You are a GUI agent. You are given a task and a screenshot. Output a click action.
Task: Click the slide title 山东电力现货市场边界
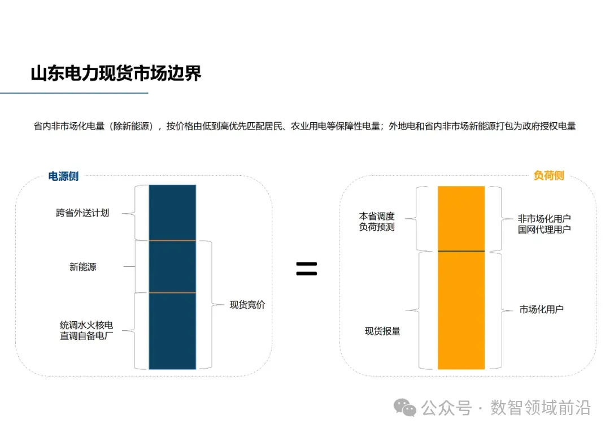(x=116, y=74)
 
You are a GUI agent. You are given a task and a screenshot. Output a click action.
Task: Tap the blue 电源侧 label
(x=63, y=176)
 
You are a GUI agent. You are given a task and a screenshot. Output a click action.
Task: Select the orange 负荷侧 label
(x=548, y=176)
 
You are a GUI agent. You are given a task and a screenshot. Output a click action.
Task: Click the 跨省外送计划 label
(x=82, y=213)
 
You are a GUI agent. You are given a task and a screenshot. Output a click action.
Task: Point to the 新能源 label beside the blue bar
(x=83, y=267)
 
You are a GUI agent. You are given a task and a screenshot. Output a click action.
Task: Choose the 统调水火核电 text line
(x=86, y=325)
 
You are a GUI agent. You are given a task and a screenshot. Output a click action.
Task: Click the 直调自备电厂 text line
(x=86, y=336)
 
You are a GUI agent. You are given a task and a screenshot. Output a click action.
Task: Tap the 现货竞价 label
(x=247, y=305)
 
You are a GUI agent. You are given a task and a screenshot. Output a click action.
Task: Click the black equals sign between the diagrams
(x=307, y=269)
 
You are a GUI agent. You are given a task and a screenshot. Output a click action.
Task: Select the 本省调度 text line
(x=377, y=216)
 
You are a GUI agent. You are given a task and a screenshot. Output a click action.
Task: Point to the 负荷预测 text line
(x=377, y=227)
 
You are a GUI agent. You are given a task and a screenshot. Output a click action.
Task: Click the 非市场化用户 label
(x=544, y=218)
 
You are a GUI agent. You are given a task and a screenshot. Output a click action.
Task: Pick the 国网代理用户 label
(x=544, y=230)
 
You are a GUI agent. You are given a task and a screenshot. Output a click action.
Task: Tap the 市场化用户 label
(x=541, y=309)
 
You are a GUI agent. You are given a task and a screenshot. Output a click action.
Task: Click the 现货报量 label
(x=382, y=331)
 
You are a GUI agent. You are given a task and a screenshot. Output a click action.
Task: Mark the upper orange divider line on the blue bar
(x=172, y=241)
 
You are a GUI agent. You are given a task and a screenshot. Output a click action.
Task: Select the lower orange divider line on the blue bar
(x=172, y=292)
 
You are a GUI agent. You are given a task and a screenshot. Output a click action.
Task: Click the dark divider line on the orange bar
(x=461, y=250)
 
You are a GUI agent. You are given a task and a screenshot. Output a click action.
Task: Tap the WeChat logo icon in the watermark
(x=405, y=408)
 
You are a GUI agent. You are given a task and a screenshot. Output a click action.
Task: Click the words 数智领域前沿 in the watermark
(x=541, y=408)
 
